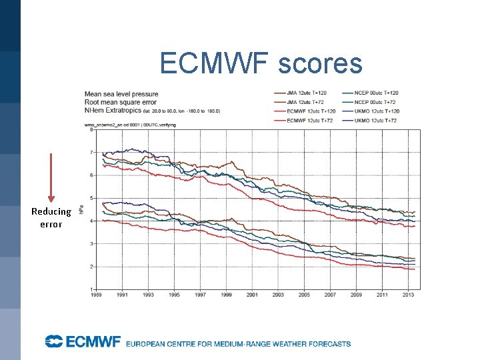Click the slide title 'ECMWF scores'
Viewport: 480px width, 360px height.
[x=261, y=64]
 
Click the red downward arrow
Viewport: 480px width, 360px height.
[x=51, y=177]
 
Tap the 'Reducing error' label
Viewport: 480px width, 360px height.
[x=51, y=218]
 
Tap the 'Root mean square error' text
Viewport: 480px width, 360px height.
[x=121, y=102]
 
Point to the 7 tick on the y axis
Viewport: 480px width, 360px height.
[x=92, y=153]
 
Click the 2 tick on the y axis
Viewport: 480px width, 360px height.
[x=92, y=267]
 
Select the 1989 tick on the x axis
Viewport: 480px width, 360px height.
[x=97, y=295]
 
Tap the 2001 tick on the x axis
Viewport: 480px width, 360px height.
[x=252, y=295]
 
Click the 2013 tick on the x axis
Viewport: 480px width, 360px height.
[x=407, y=295]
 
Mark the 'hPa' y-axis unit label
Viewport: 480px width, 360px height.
[x=82, y=209]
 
